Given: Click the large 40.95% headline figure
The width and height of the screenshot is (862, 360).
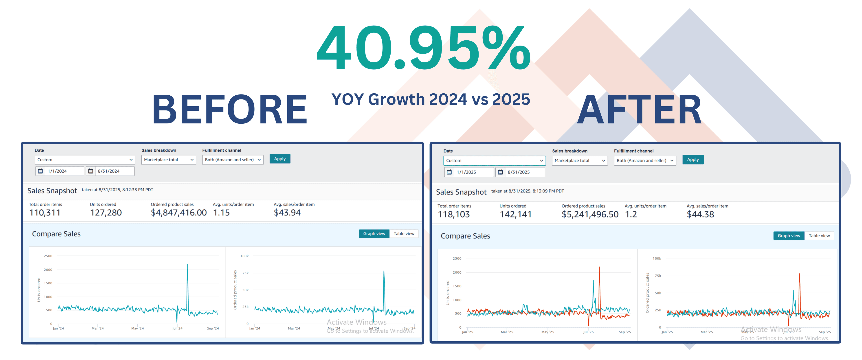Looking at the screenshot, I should [x=423, y=48].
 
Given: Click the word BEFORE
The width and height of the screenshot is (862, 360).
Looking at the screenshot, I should [x=230, y=109].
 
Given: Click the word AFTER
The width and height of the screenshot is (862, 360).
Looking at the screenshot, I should [x=639, y=109].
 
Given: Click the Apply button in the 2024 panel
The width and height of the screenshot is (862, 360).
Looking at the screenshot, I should [x=280, y=159].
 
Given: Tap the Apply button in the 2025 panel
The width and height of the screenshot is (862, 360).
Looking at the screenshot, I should [x=693, y=160].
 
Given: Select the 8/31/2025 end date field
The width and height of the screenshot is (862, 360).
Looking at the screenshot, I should [x=524, y=172].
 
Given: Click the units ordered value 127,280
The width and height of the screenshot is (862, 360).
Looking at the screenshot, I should [x=106, y=213].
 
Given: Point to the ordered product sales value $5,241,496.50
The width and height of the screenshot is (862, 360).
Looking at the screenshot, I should [x=590, y=215].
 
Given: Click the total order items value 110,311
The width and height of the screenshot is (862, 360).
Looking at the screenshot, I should [x=45, y=213].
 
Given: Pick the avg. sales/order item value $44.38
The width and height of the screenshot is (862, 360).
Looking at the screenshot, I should [x=700, y=215].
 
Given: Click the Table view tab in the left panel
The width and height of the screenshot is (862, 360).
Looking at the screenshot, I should [x=404, y=234].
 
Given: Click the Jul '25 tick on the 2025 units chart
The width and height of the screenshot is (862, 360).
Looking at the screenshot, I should [x=588, y=332].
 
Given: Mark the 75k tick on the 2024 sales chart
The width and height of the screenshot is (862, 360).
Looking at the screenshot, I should [x=245, y=273].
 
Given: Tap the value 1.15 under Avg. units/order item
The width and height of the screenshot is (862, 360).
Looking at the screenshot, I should [x=222, y=213].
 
